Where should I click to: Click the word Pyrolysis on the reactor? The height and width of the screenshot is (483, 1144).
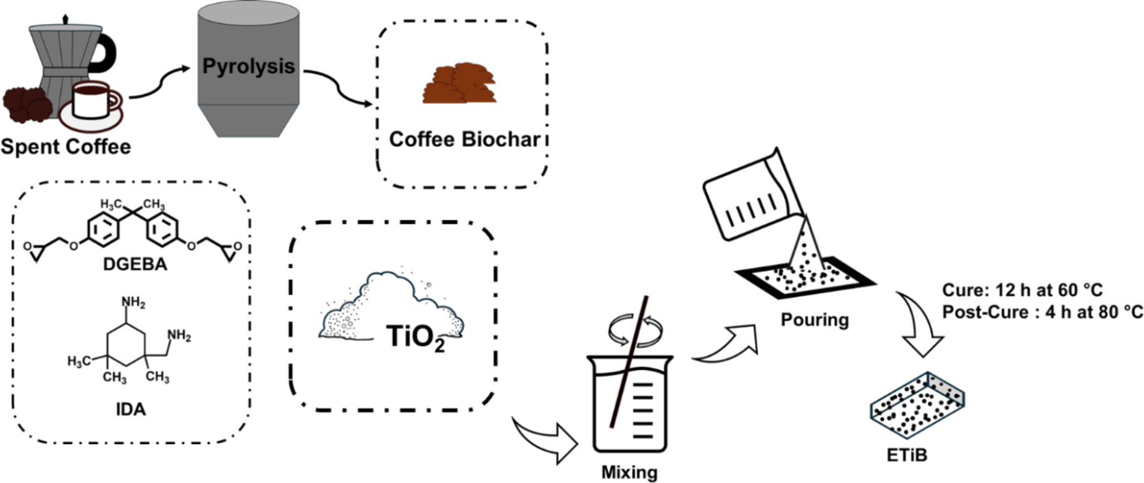click(x=248, y=66)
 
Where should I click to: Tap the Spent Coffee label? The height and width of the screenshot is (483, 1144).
click(x=65, y=147)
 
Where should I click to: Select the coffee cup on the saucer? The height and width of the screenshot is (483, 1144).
click(x=91, y=99)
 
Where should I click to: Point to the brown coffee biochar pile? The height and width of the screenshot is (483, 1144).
click(x=460, y=83)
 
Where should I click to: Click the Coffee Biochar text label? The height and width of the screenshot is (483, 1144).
click(x=465, y=139)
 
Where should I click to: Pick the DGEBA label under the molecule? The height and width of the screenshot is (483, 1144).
click(x=135, y=265)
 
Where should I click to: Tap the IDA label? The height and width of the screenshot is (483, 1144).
click(x=131, y=409)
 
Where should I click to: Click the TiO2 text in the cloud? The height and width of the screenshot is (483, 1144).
click(x=416, y=337)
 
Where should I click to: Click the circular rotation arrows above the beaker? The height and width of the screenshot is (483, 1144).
click(x=636, y=330)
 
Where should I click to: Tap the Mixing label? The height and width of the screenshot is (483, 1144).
click(x=629, y=472)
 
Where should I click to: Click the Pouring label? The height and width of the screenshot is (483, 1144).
click(x=814, y=320)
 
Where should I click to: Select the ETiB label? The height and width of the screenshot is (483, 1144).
click(x=907, y=456)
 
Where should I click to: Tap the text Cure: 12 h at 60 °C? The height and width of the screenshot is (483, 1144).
click(x=1022, y=290)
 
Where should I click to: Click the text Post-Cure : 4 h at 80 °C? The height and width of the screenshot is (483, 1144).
click(x=1042, y=313)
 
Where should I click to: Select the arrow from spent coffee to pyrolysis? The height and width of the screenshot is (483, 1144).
click(x=159, y=85)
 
